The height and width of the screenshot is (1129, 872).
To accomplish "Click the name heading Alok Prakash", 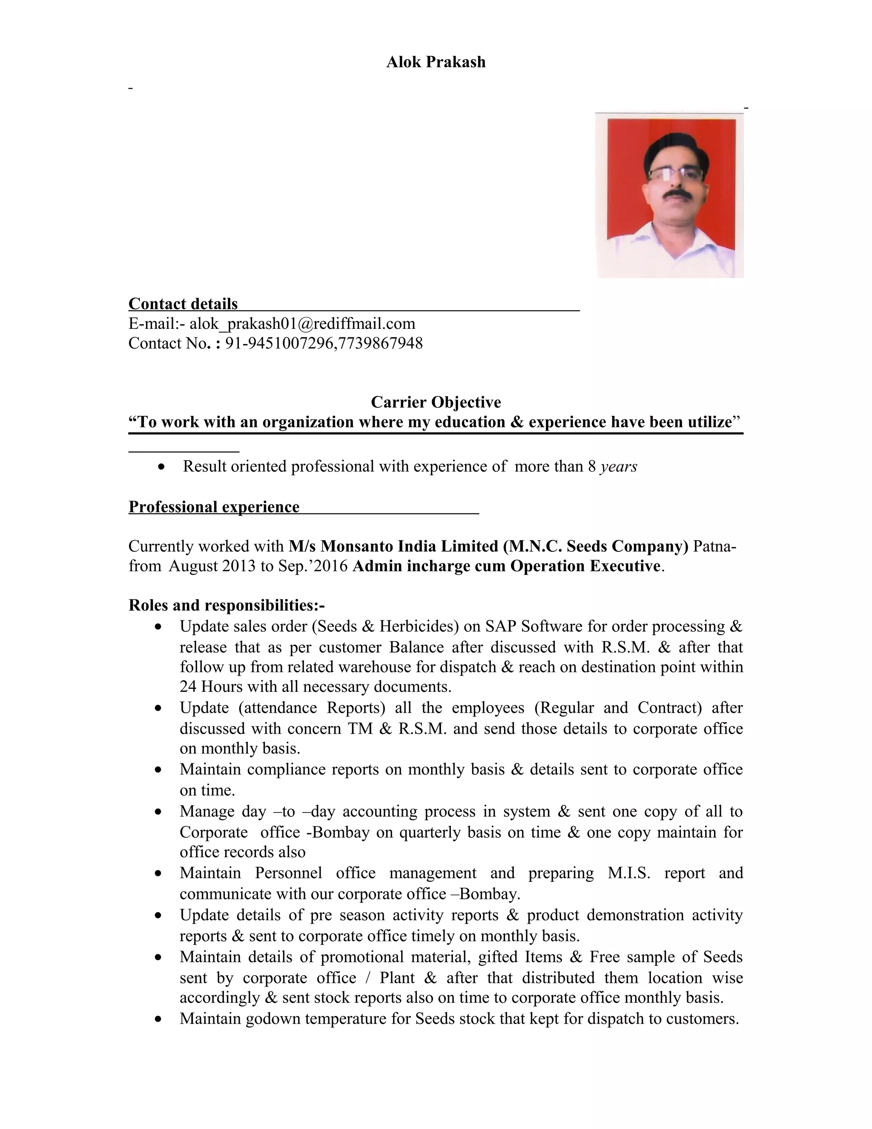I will (436, 62).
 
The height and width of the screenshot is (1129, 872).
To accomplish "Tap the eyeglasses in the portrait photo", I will (675, 174).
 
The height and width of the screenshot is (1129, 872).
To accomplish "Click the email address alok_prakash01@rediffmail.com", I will (302, 324).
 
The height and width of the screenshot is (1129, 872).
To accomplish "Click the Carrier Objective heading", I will (436, 402).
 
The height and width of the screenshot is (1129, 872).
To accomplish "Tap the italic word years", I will (618, 466).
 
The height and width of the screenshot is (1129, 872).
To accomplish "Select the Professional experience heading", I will (214, 507).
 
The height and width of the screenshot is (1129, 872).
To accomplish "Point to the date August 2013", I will (212, 566).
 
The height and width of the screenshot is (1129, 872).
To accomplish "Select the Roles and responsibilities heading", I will (226, 605).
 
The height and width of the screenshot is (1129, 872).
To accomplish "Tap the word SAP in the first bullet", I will (501, 627).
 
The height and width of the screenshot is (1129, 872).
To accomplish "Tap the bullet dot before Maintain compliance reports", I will (158, 770).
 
